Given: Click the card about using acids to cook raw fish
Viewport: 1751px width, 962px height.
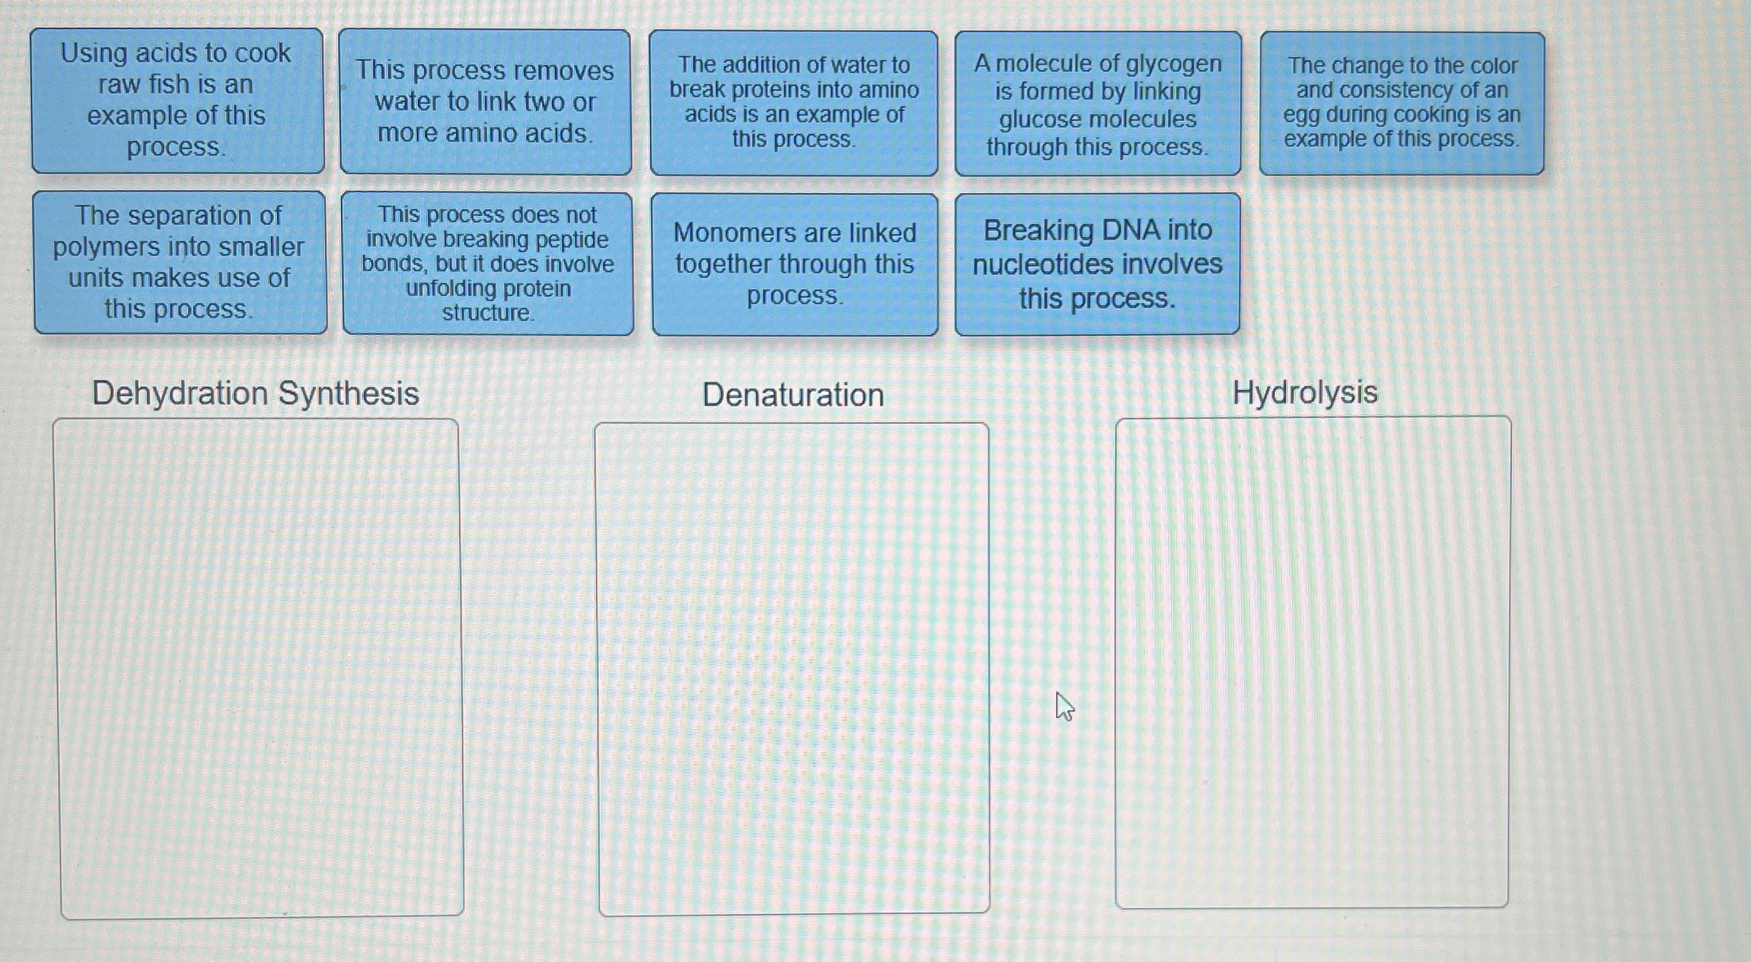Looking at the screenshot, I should tap(177, 100).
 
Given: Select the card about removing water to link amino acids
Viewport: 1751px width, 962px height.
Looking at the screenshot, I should tap(485, 102).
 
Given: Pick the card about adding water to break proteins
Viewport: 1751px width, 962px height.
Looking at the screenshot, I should tap(794, 103).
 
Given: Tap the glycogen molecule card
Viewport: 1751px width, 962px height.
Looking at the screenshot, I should tap(1098, 104).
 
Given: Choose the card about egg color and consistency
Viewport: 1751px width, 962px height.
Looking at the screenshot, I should tap(1401, 103).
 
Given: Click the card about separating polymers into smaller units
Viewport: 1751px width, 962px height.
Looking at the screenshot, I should tap(179, 262).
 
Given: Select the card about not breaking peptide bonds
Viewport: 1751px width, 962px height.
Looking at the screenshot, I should tap(488, 264).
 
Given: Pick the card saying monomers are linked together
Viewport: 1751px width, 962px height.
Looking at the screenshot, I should tap(795, 264).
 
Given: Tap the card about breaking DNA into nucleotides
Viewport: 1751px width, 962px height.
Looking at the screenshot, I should tap(1097, 264).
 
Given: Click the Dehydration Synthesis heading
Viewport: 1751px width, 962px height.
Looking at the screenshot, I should tap(256, 393).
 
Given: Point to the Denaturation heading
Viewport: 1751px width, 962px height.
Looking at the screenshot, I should tap(792, 395).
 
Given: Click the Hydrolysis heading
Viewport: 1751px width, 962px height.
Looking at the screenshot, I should tap(1305, 392).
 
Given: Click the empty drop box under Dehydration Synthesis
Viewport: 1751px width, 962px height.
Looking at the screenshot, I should tap(259, 668).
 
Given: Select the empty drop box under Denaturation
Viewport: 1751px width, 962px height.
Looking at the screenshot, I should tap(792, 668).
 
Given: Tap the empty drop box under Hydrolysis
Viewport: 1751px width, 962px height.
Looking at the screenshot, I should tap(1313, 662).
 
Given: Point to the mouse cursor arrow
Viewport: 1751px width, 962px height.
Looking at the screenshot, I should tap(1063, 705).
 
